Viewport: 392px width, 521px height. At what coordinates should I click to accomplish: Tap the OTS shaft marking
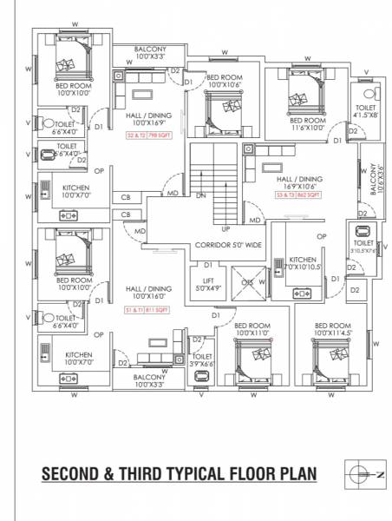[x=247, y=282]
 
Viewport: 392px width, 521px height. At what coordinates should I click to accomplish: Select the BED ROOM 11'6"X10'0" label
[x=307, y=124]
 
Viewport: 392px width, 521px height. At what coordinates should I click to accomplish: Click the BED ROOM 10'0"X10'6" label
[x=225, y=82]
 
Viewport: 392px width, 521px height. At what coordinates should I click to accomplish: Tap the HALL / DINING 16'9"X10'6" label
[x=297, y=181]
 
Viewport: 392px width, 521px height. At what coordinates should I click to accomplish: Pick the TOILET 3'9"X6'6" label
[x=202, y=360]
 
